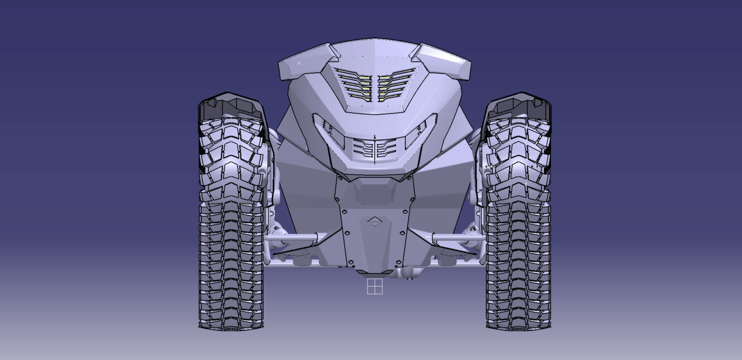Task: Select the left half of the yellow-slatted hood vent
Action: click(x=354, y=85)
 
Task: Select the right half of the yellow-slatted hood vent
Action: click(x=395, y=85)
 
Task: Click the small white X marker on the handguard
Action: click(x=299, y=63)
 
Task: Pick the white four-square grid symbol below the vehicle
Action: click(x=375, y=287)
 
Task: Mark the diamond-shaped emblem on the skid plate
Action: click(x=375, y=222)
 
